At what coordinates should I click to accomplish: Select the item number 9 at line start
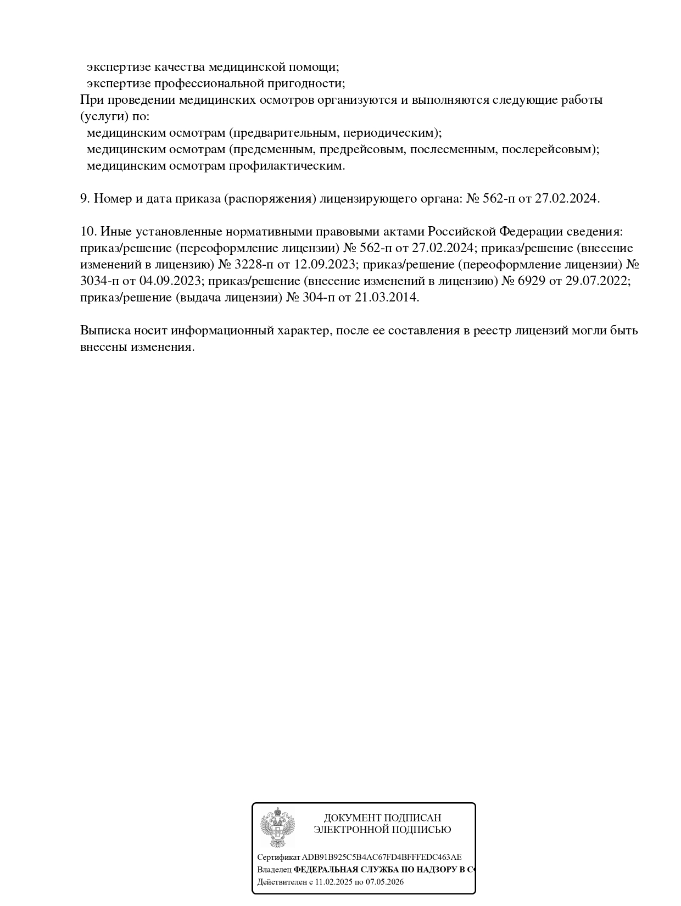click(x=85, y=199)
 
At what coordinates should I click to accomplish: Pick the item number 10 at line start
click(x=88, y=232)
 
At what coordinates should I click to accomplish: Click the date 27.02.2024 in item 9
click(x=567, y=199)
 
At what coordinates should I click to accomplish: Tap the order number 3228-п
click(x=254, y=265)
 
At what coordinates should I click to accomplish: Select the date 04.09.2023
click(x=171, y=281)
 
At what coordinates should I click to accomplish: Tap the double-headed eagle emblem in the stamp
click(x=277, y=827)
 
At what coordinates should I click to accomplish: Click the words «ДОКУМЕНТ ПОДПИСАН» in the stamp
click(x=382, y=818)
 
